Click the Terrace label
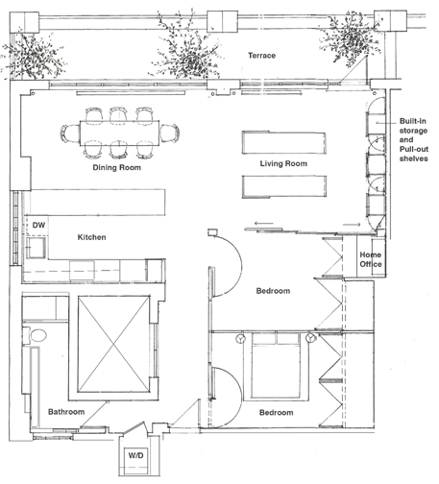(x=261, y=56)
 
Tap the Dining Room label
(x=116, y=167)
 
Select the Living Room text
(x=283, y=163)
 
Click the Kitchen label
(x=91, y=237)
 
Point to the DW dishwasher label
(x=38, y=225)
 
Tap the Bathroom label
(x=66, y=412)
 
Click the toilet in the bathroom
(x=36, y=335)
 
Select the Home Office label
(x=371, y=259)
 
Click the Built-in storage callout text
(x=413, y=139)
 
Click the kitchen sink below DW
(x=37, y=247)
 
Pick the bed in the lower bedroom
(x=276, y=366)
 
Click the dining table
(x=119, y=133)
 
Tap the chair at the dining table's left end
(x=70, y=133)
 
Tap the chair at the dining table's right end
(x=169, y=133)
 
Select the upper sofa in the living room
(x=284, y=142)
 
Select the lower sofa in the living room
(x=284, y=186)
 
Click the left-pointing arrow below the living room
(x=264, y=223)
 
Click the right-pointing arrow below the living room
(x=352, y=225)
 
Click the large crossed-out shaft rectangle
(x=113, y=344)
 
